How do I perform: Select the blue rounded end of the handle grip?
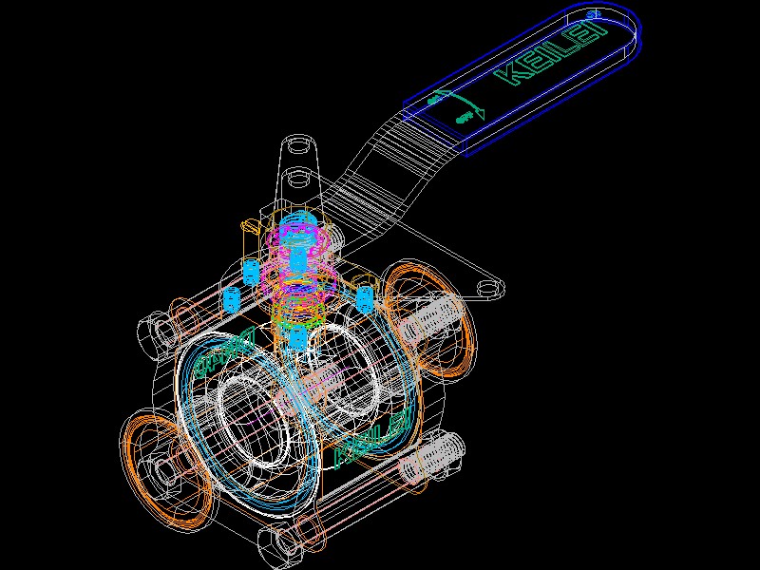[627, 28]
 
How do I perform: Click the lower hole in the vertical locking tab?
[297, 178]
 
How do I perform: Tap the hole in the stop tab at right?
[487, 286]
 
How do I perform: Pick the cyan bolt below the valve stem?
[297, 336]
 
